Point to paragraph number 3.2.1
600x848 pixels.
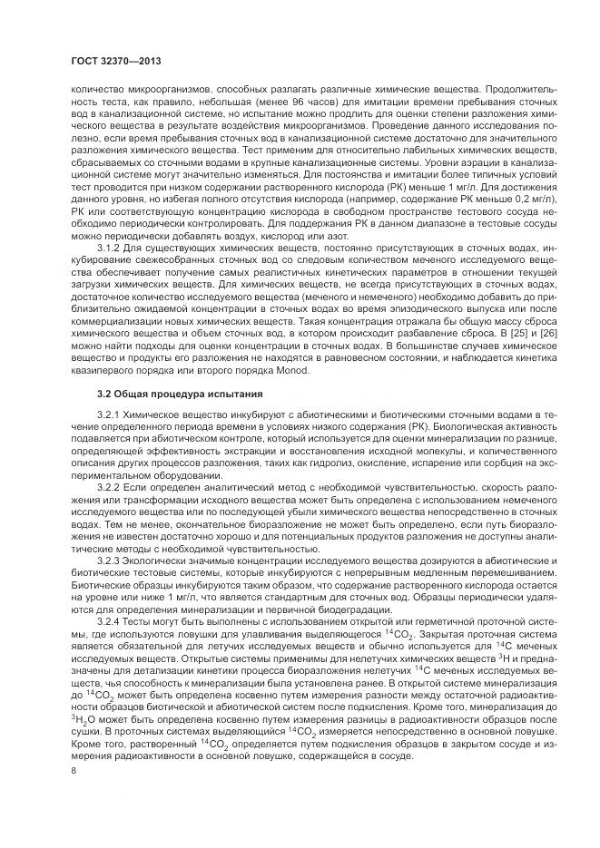click(109, 415)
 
